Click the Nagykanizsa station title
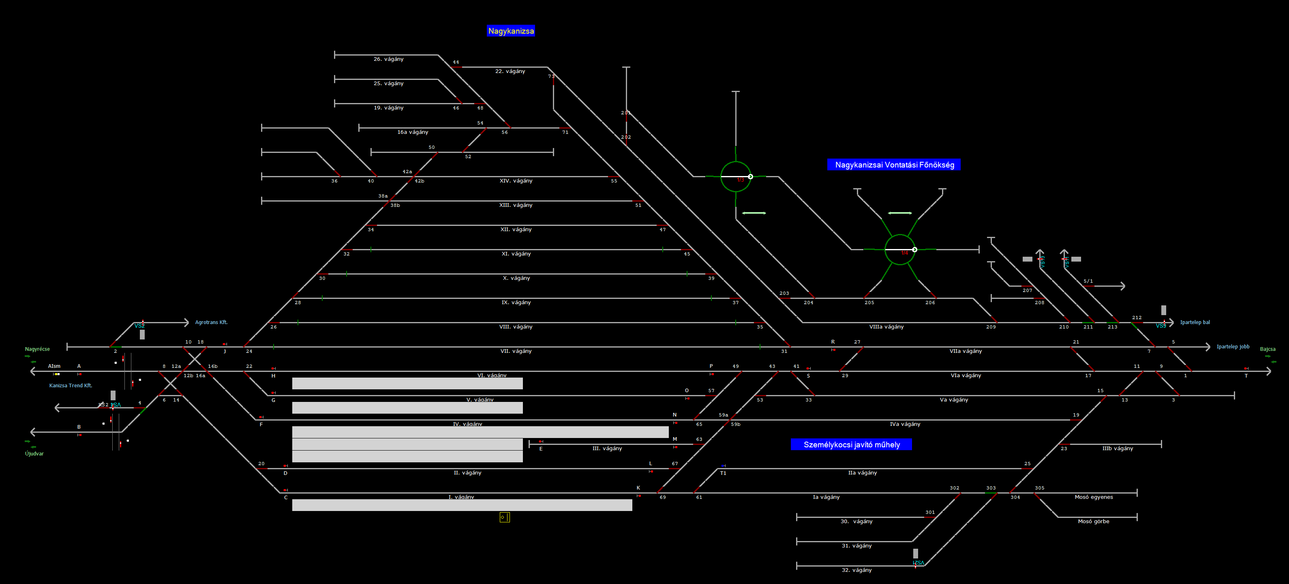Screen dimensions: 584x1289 511,31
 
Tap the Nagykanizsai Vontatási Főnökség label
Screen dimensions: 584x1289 894,165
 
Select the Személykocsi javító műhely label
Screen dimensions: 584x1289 851,445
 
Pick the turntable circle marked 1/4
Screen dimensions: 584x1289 900,249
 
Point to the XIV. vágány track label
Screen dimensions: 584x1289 516,181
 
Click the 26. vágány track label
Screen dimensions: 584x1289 388,59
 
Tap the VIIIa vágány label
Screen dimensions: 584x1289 886,327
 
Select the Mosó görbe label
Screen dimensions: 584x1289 1093,522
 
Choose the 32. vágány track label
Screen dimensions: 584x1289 856,570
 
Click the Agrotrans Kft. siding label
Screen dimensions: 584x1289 211,322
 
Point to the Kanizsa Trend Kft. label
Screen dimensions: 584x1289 71,386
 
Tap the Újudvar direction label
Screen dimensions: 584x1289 34,454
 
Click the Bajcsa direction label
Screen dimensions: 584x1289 1268,349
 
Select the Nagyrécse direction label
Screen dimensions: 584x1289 38,349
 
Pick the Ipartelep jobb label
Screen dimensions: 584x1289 1233,347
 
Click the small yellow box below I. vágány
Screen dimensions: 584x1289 504,517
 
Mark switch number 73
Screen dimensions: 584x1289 551,77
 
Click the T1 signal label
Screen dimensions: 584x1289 723,473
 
